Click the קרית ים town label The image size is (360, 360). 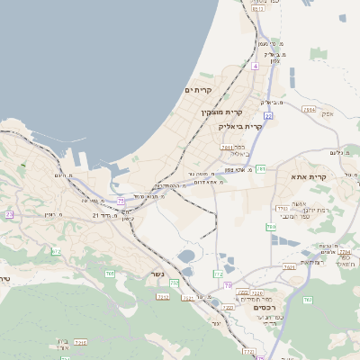[197, 90]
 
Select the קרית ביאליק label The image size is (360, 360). [240, 127]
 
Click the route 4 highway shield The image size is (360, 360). [256, 66]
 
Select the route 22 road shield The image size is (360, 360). [267, 116]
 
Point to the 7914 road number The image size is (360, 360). [310, 110]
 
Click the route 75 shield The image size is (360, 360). [121, 201]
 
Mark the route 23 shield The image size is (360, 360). [10, 214]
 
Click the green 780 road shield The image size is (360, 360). [271, 228]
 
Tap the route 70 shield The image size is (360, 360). [228, 285]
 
